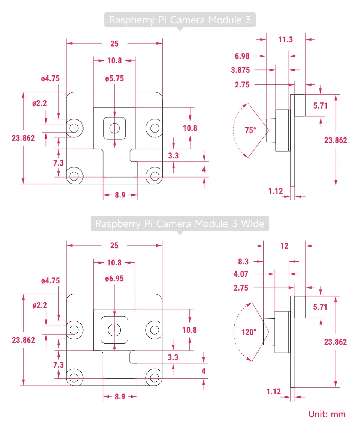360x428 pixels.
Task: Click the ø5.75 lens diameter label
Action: (114, 79)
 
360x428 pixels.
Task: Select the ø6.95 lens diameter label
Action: (114, 279)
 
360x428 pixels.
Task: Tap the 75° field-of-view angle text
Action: (250, 130)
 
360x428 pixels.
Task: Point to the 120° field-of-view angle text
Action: (249, 332)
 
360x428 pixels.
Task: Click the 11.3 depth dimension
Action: (286, 39)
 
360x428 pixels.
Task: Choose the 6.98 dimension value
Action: (242, 56)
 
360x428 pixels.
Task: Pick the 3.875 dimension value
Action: (241, 70)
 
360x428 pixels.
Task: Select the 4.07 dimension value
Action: (241, 274)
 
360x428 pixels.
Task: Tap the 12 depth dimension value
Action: (285, 246)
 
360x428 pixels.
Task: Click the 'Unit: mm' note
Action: (327, 414)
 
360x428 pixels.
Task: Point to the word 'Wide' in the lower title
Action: (253, 224)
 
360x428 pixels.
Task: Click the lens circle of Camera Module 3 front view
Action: (114, 128)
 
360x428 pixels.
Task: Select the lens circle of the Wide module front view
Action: (114, 330)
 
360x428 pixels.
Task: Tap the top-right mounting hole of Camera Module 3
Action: (154, 128)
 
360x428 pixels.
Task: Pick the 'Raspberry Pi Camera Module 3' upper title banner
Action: (180, 20)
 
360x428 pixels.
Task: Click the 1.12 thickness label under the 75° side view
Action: (276, 191)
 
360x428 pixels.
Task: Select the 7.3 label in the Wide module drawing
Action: (58, 365)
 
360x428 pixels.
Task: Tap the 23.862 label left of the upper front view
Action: (23, 138)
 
